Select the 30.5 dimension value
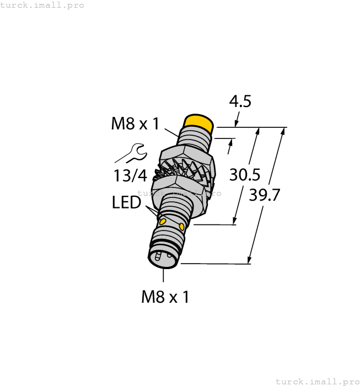tap(245, 175)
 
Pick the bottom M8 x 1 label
tap(165, 297)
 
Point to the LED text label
tap(126, 203)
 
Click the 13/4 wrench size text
tap(131, 176)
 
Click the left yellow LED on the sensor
tap(163, 222)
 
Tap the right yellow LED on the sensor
tap(181, 226)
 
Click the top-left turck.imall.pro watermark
tap(42, 5)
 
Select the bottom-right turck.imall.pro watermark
tap(316, 381)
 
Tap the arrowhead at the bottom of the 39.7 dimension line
tap(250, 260)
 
